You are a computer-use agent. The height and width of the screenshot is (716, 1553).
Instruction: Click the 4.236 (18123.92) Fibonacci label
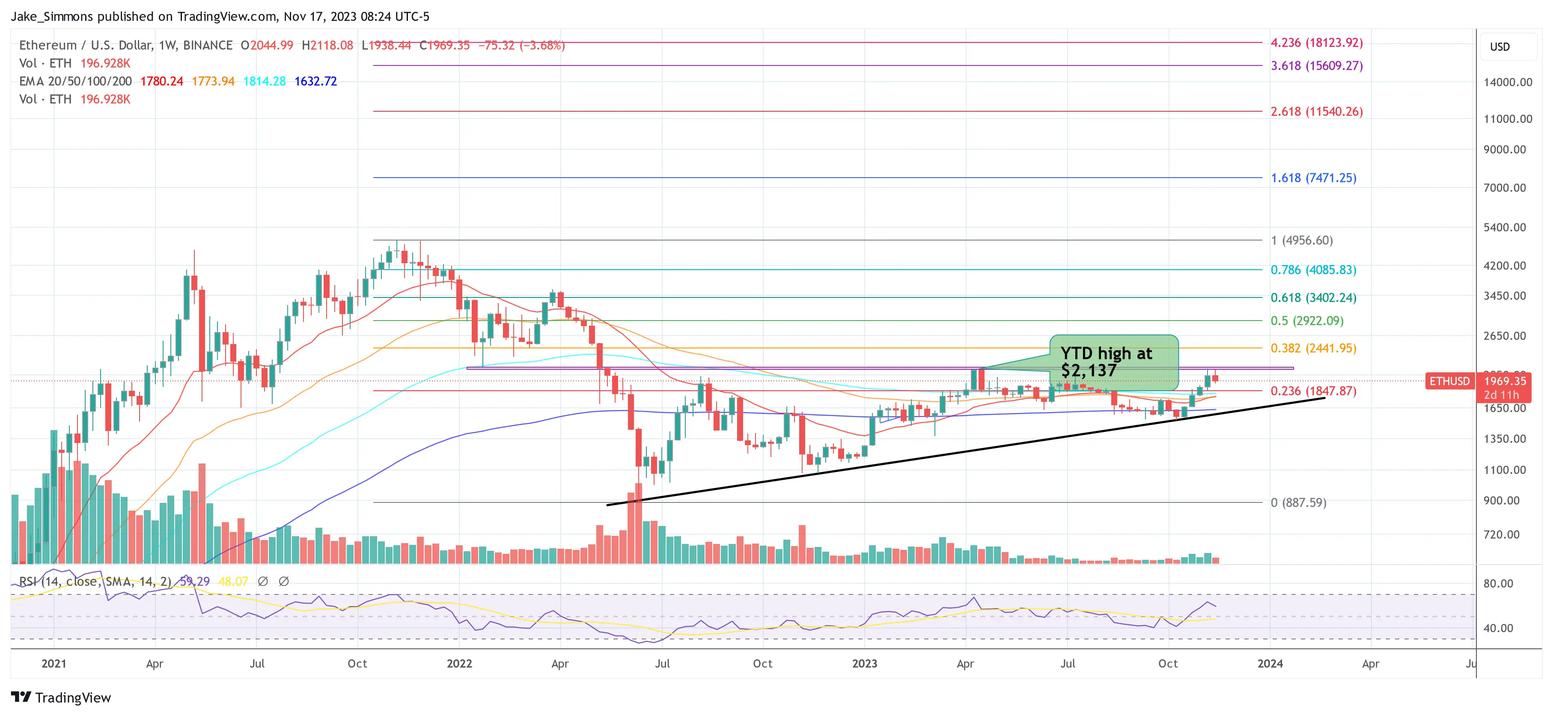[x=1316, y=43]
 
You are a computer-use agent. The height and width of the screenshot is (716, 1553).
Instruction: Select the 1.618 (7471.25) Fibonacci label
[x=1313, y=178]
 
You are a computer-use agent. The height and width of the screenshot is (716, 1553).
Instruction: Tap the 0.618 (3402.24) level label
[x=1313, y=298]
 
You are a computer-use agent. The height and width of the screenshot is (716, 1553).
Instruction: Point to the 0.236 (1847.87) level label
[x=1313, y=391]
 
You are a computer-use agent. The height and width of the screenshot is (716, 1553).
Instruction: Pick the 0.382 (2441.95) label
[x=1313, y=348]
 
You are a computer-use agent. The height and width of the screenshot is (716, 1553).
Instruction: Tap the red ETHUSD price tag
[x=1449, y=381]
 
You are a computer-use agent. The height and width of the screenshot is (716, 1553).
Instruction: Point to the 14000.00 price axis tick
[x=1507, y=83]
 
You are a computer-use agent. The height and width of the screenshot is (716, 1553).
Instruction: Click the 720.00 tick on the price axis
[x=1501, y=535]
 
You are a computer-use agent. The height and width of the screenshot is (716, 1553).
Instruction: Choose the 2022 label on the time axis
[x=459, y=663]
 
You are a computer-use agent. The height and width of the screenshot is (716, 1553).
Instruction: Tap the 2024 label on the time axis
[x=1270, y=663]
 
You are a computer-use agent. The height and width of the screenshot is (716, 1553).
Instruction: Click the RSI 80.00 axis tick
[x=1498, y=583]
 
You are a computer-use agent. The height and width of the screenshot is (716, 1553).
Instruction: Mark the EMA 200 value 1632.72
[x=315, y=81]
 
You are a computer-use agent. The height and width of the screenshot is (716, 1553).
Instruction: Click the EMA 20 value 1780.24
[x=161, y=81]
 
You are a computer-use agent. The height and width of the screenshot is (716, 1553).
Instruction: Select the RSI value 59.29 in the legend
[x=194, y=582]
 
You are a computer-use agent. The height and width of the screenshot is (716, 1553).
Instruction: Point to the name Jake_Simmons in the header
[x=51, y=16]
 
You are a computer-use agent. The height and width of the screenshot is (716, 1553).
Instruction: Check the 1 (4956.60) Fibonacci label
[x=1301, y=241]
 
